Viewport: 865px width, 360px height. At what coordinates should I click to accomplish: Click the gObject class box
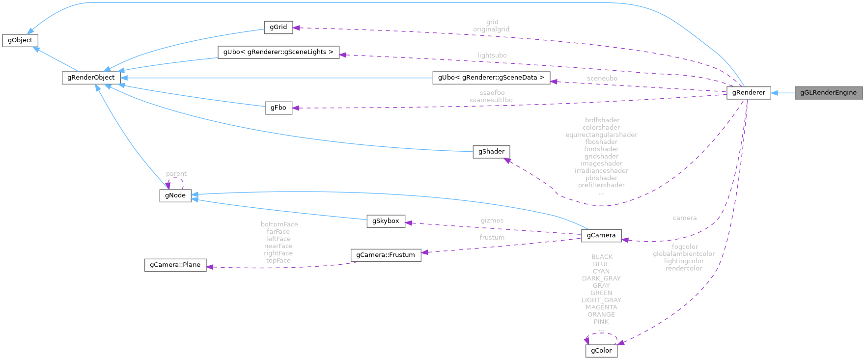click(20, 40)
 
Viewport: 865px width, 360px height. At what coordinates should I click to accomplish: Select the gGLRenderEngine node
click(828, 92)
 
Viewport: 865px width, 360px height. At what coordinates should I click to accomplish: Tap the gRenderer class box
click(749, 92)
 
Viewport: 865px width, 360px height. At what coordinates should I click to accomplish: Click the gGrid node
click(278, 27)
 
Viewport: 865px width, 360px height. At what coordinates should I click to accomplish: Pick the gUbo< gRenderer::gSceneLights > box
click(278, 52)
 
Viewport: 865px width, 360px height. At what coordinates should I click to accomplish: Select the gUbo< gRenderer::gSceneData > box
click(491, 78)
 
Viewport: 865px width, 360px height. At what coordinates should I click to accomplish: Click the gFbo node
click(278, 108)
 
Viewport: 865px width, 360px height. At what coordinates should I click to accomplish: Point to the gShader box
click(491, 151)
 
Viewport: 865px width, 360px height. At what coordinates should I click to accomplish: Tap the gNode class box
click(175, 195)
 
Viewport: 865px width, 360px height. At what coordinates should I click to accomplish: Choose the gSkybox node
click(386, 221)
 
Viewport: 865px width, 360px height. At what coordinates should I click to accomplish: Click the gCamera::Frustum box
click(386, 255)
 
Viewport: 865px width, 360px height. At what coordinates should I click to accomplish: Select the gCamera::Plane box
click(175, 265)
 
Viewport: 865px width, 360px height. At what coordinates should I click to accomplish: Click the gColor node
click(601, 351)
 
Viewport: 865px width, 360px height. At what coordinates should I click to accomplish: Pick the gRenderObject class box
click(91, 78)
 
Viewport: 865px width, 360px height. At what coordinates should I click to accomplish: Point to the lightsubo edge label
click(492, 55)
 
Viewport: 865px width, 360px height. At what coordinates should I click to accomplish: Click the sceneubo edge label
click(602, 79)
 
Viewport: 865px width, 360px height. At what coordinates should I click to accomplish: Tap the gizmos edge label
click(492, 221)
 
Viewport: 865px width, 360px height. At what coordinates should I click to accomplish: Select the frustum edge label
click(492, 237)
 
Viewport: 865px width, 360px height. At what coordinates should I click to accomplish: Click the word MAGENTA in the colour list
click(601, 307)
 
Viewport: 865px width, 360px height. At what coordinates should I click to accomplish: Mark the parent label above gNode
click(176, 174)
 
